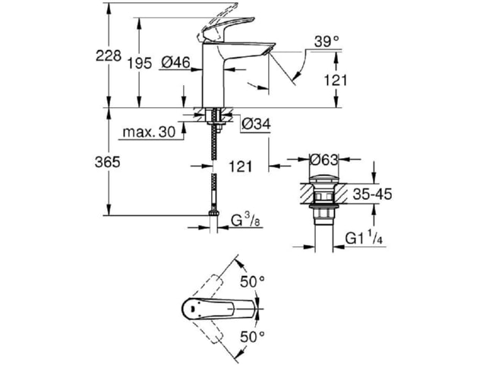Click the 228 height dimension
pyautogui.click(x=108, y=56)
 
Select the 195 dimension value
pyautogui.click(x=140, y=63)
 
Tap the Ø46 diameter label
pyautogui.click(x=175, y=62)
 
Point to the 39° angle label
pyautogui.click(x=327, y=42)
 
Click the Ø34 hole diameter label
pyautogui.click(x=256, y=124)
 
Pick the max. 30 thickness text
pyautogui.click(x=149, y=132)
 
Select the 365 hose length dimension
pyautogui.click(x=107, y=162)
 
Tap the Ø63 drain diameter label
pyautogui.click(x=323, y=160)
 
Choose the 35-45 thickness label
pyautogui.click(x=373, y=195)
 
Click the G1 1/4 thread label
pyautogui.click(x=364, y=238)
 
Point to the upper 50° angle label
pyautogui.click(x=253, y=282)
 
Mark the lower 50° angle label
pyautogui.click(x=253, y=336)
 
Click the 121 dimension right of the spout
pyautogui.click(x=336, y=81)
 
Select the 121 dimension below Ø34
pyautogui.click(x=241, y=167)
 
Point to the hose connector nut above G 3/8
pyautogui.click(x=214, y=213)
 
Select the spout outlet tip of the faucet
pyautogui.click(x=270, y=50)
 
